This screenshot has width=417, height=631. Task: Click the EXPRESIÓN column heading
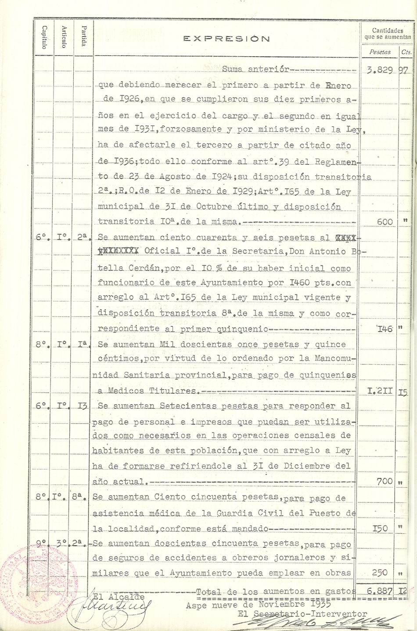tap(226, 39)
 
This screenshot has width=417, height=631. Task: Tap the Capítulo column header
tap(44, 37)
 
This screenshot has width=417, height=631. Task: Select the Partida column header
tap(83, 36)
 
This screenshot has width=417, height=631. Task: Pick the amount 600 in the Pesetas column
tap(385, 222)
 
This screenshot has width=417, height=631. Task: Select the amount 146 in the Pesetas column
tap(385, 329)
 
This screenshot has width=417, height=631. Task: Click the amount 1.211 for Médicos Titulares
tap(380, 391)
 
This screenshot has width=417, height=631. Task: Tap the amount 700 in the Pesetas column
tap(385, 481)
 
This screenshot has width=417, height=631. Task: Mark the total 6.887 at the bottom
tap(378, 592)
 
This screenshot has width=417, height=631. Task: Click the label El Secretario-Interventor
tap(302, 614)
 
